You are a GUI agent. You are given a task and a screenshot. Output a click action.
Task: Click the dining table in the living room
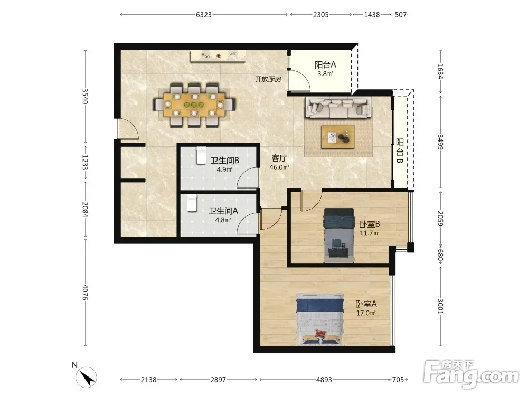(194, 105)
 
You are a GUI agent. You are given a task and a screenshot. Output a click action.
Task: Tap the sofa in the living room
(338, 108)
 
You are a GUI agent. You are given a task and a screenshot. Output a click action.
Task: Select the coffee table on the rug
(338, 136)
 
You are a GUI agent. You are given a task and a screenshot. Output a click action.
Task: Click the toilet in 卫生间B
(201, 155)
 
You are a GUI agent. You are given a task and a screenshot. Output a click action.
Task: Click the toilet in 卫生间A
(192, 203)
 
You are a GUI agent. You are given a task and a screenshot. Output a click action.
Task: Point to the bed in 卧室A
(320, 319)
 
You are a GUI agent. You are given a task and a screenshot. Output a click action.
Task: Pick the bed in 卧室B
(339, 235)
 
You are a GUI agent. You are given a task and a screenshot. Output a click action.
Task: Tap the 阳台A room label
(325, 64)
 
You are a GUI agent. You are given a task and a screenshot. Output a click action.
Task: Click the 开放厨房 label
(268, 79)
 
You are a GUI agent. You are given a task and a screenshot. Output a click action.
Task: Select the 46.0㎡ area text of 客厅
(279, 167)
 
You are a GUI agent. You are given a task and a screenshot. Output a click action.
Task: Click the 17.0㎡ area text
(366, 313)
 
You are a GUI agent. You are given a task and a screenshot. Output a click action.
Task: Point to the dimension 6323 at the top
(204, 14)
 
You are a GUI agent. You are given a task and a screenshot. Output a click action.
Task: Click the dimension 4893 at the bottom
(324, 380)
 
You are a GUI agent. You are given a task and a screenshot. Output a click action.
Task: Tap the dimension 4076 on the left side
(85, 292)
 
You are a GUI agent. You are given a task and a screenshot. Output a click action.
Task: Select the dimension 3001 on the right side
(440, 306)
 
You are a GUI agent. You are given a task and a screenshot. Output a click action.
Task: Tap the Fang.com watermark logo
(471, 373)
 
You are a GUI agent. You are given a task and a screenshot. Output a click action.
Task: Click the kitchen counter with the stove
(218, 56)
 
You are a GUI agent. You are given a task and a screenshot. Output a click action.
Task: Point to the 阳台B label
(400, 151)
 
